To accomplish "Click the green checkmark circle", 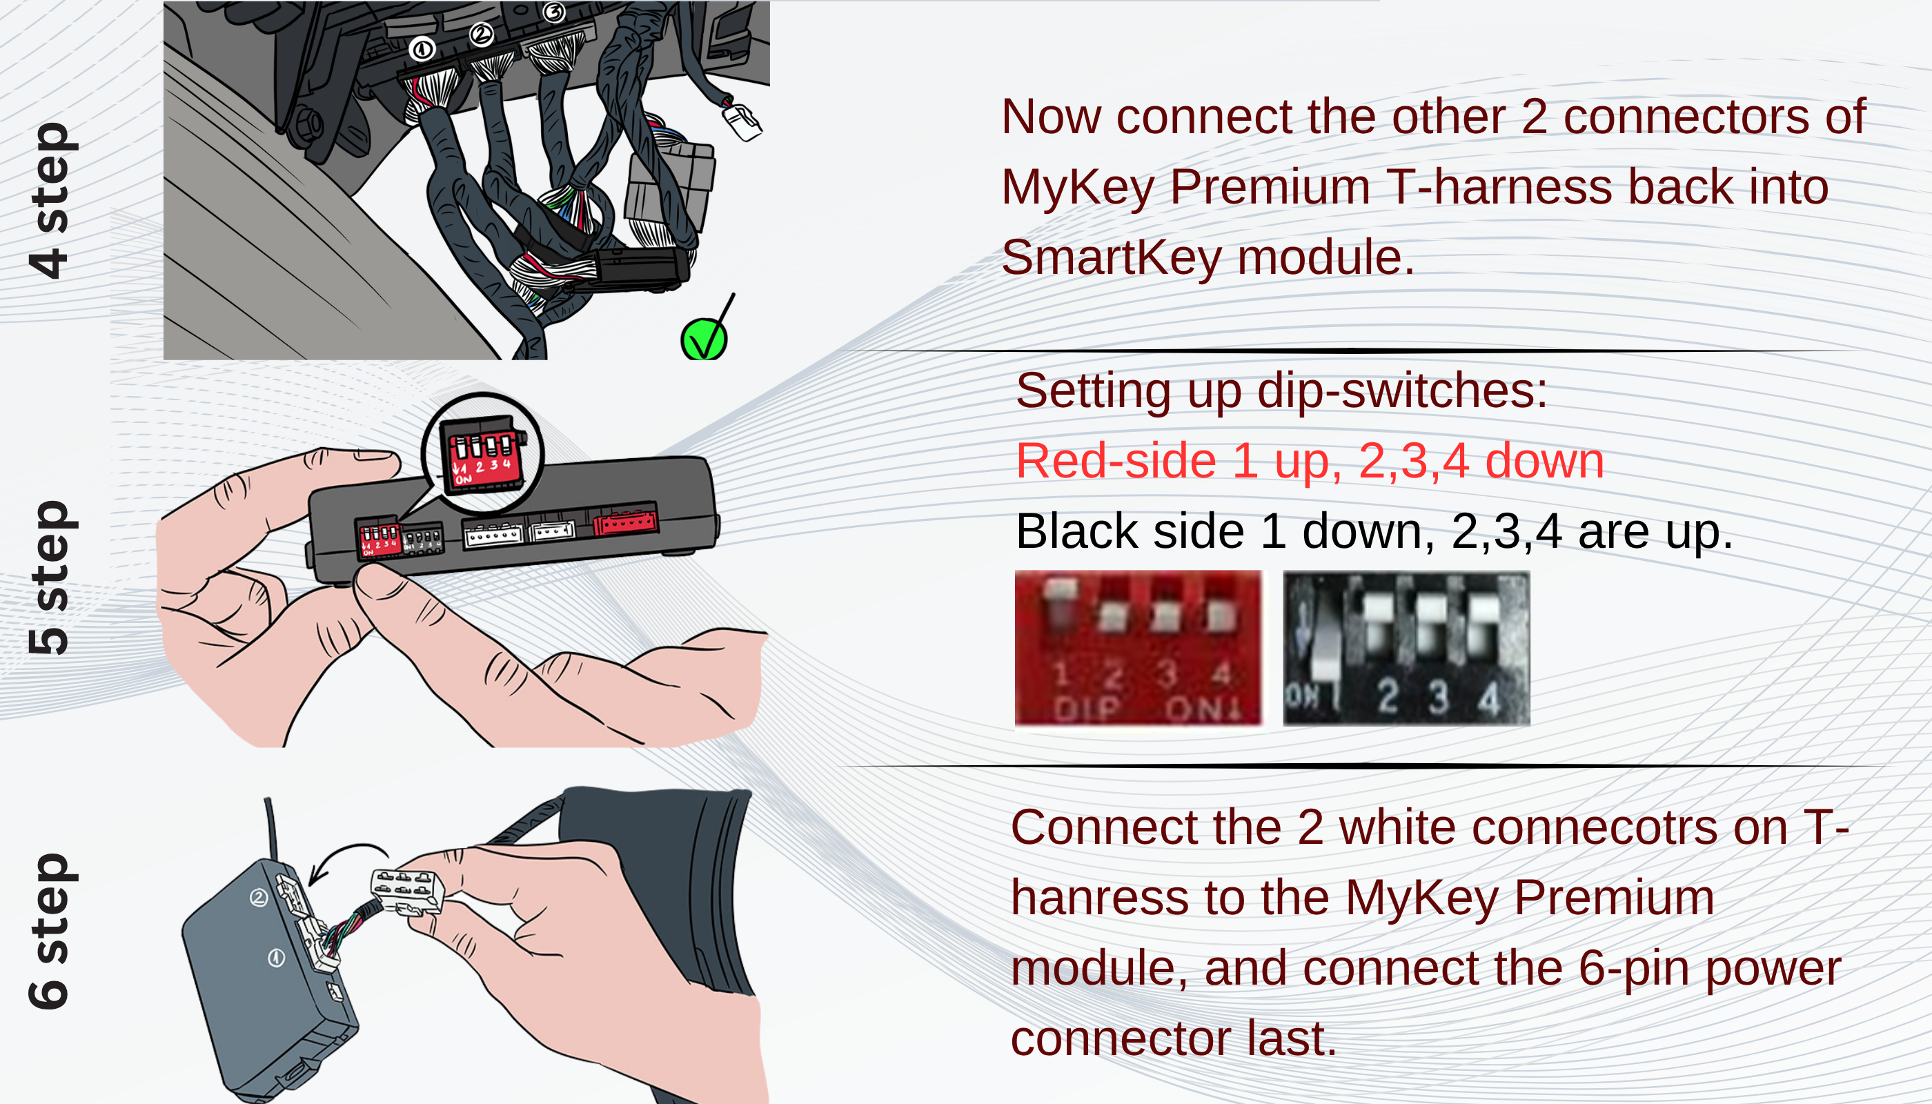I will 704,340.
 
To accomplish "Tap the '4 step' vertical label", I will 48,201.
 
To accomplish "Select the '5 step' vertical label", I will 48,577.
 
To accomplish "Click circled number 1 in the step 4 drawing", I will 422,49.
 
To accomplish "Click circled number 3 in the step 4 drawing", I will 554,12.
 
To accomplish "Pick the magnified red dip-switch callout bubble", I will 483,454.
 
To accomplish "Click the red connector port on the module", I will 626,521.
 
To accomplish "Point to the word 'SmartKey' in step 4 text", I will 1112,258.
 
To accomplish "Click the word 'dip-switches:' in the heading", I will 1402,391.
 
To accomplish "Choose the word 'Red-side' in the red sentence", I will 1116,461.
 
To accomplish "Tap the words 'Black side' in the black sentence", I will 1130,531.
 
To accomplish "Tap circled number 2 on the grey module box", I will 259,898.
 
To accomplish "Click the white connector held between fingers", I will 406,892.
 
